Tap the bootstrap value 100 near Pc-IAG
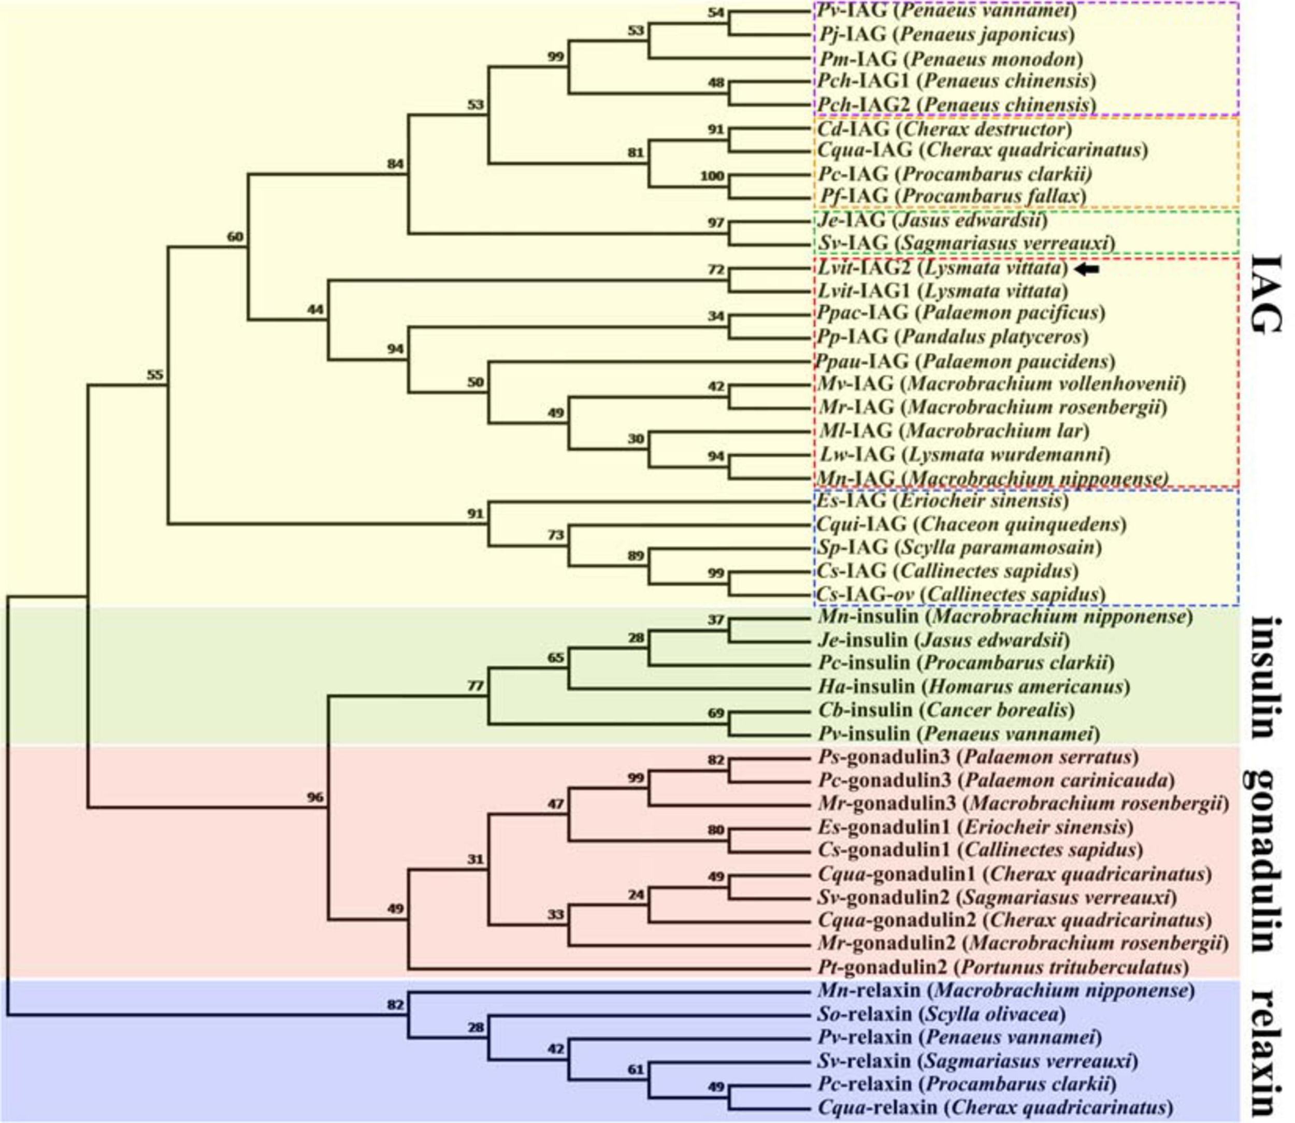tap(712, 176)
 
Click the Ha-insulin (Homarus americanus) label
tap(973, 687)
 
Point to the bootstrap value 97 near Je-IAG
tap(715, 223)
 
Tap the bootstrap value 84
tap(394, 164)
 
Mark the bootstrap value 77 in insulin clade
tap(475, 686)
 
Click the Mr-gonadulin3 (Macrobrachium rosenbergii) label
tap(1021, 804)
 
